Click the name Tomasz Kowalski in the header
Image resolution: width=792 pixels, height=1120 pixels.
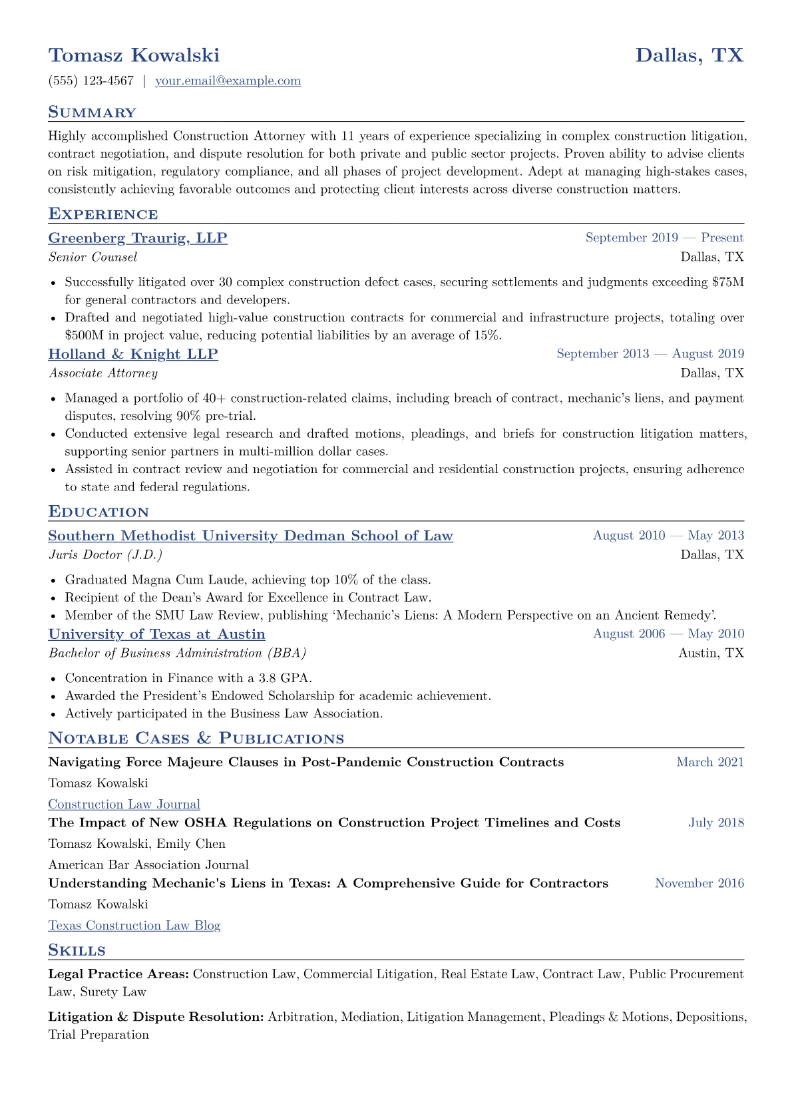pos(134,55)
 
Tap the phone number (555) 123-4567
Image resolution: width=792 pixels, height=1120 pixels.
pos(91,81)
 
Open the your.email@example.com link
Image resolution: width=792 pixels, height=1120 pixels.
pos(228,81)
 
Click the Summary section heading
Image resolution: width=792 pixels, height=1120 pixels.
pos(92,112)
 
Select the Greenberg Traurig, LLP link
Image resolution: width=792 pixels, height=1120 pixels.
pos(138,238)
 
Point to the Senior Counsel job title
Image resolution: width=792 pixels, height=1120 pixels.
pos(93,257)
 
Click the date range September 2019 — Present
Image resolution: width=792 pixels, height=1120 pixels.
pos(664,238)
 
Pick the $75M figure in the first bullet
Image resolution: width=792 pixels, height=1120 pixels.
pos(727,282)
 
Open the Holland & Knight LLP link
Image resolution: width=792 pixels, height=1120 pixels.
pos(133,354)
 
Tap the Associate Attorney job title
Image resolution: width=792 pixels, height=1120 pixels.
pos(103,373)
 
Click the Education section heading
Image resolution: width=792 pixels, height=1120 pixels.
pos(99,512)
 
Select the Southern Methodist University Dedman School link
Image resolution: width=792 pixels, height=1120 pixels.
pos(250,536)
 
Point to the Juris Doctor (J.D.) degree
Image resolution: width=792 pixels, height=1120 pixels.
pos(105,555)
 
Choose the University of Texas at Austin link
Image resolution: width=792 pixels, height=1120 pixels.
pos(156,635)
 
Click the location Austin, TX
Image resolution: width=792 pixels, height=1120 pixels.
pos(711,653)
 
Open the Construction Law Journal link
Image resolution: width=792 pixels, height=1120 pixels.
pos(124,805)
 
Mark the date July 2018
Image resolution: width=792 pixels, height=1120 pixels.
pos(716,823)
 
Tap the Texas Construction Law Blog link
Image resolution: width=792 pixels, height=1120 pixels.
pos(134,926)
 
